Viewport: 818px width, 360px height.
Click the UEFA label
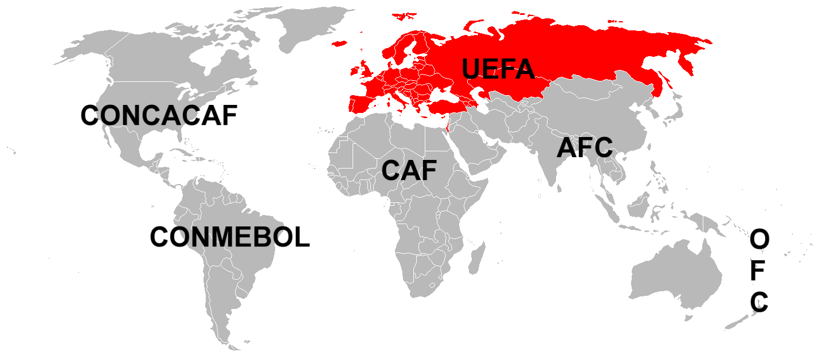(498, 69)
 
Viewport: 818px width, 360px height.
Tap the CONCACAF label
(159, 115)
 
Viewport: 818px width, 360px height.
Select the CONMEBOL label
(230, 237)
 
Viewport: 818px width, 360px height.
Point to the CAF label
(409, 170)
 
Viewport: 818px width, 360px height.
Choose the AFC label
(585, 148)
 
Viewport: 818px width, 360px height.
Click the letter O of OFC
(759, 240)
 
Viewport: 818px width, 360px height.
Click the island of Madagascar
(476, 258)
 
